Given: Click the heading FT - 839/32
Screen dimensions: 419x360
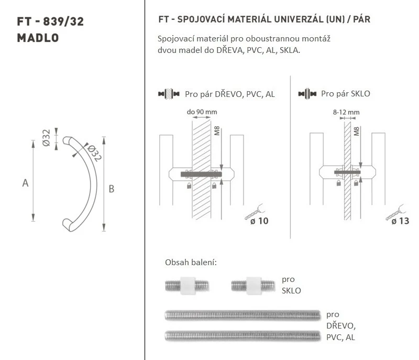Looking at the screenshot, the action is tap(50, 21).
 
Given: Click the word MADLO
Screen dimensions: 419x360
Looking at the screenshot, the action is tap(38, 38).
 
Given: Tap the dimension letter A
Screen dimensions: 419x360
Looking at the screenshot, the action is tap(25, 183).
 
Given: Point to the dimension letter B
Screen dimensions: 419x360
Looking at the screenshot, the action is tap(112, 189).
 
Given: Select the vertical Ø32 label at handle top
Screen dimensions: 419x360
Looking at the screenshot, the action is tap(46, 138).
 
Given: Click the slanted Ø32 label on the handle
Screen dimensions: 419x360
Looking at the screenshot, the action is tap(94, 153).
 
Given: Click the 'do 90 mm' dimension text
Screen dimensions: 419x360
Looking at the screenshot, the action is tap(202, 112).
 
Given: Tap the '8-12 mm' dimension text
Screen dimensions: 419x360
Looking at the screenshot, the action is tap(346, 112).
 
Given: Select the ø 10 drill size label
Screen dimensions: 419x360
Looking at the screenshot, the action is tap(259, 221).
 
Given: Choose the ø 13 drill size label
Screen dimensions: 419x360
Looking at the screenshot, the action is tap(400, 221).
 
